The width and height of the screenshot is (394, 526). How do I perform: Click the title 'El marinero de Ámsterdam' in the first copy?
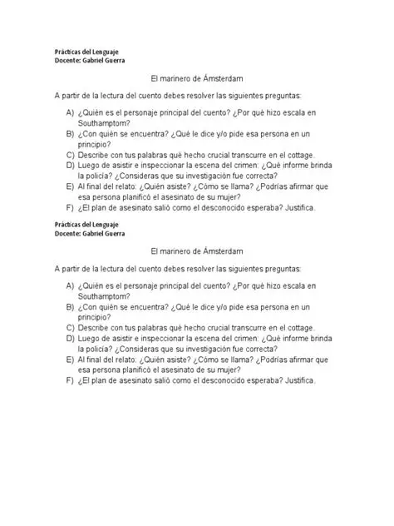tap(197, 77)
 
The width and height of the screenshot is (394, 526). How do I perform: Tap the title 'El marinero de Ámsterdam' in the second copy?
tap(197, 252)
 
